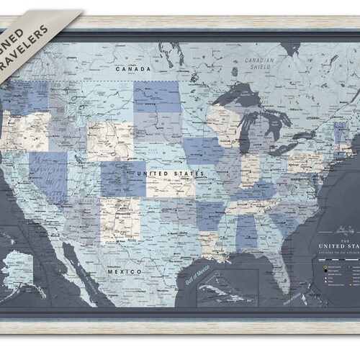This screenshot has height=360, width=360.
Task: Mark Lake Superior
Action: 242,97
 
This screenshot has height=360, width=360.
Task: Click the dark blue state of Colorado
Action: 123,179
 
